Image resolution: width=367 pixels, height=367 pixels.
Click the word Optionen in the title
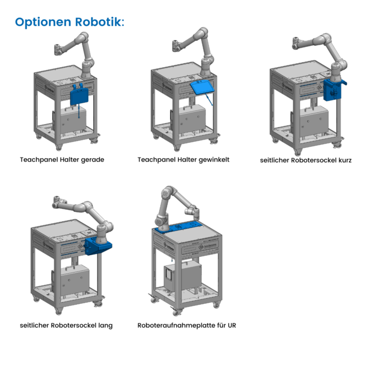tap(43, 22)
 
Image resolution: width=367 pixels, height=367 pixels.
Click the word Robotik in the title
tap(99, 22)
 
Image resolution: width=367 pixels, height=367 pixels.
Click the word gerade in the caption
tap(93, 160)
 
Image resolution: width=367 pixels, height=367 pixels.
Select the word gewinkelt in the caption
tap(215, 160)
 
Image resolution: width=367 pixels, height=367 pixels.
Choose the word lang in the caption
tap(105, 325)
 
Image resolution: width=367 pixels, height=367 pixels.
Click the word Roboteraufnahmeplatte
tap(176, 325)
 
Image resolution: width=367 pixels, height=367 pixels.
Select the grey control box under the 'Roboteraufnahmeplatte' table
tap(182, 277)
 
